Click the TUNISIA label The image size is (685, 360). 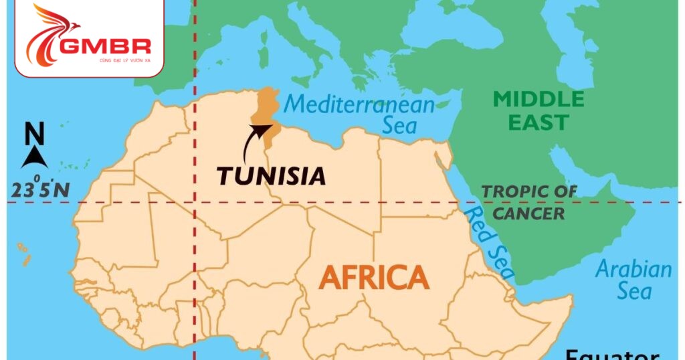pos(271,176)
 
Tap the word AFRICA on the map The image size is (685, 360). pos(373,276)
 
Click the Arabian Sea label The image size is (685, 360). pos(633,280)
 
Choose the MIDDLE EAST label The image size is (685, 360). pos(538,111)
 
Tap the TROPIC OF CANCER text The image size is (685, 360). pos(528,202)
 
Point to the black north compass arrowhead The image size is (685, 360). pos(34,158)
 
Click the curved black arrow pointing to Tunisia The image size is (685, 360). pos(250,143)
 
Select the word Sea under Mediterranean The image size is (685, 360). pos(399,125)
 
